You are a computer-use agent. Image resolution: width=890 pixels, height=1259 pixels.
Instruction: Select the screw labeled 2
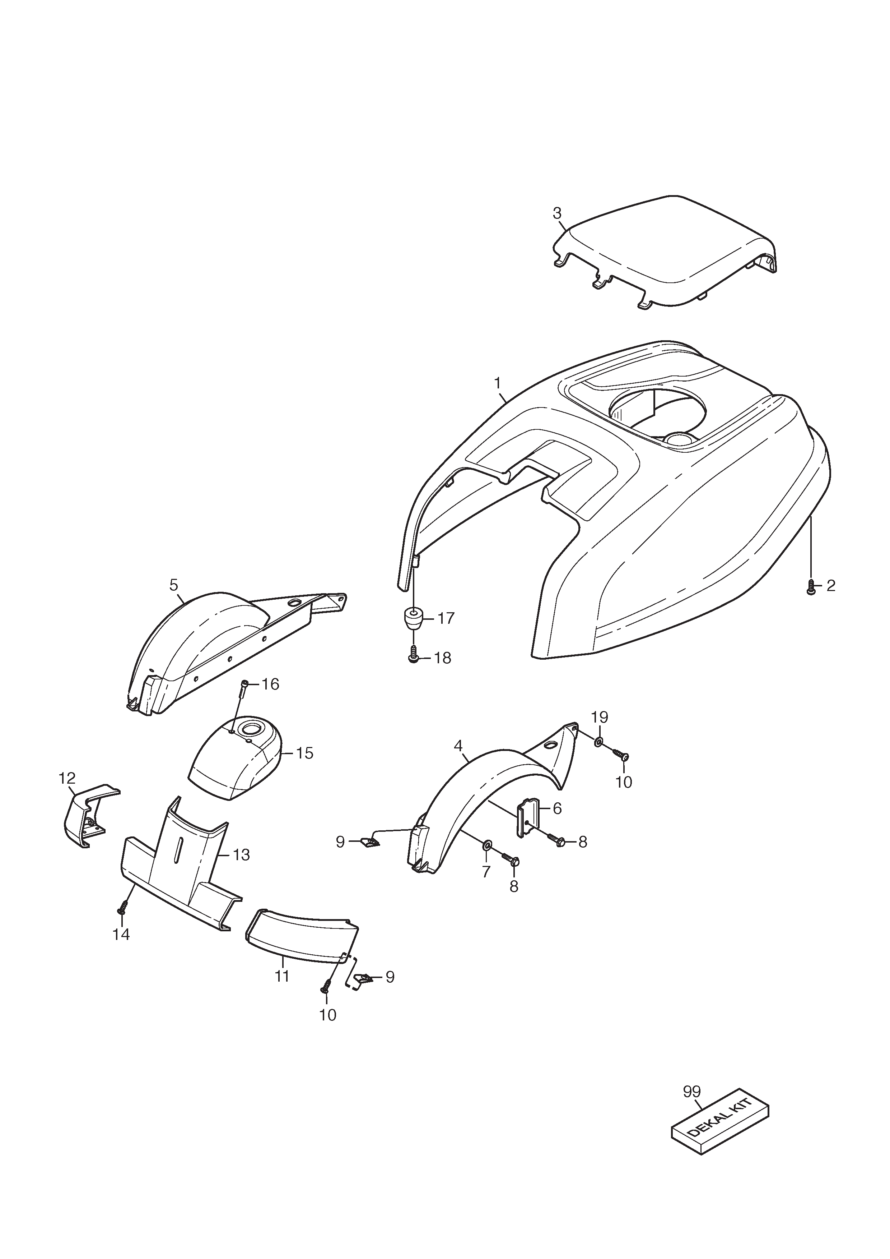point(811,587)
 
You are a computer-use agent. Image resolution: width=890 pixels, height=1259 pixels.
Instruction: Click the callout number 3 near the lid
point(557,213)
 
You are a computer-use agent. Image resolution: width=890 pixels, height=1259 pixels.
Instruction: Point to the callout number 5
point(174,585)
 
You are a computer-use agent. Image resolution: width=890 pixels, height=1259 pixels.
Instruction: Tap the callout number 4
point(458,746)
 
